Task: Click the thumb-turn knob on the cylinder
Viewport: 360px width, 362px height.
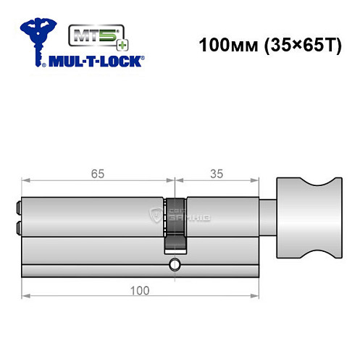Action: point(309,218)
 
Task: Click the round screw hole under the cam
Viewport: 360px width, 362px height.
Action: point(174,265)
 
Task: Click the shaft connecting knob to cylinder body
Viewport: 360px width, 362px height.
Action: point(269,217)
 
